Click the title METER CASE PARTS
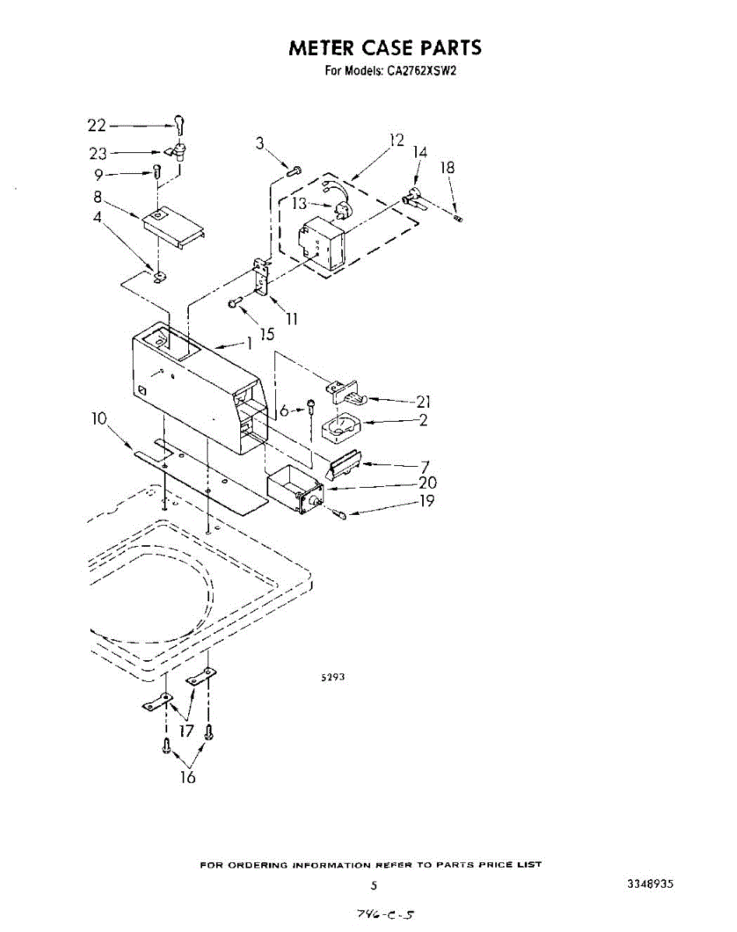pos(385,48)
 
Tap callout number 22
pos(96,125)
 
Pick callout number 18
pos(447,168)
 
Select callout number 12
pos(396,140)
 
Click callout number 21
pos(424,402)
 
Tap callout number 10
pos(99,419)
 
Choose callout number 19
pos(427,501)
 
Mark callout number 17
pos(187,730)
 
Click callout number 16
pos(188,777)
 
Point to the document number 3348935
pos(650,885)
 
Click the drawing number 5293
pos(333,677)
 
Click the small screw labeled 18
pos(459,218)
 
